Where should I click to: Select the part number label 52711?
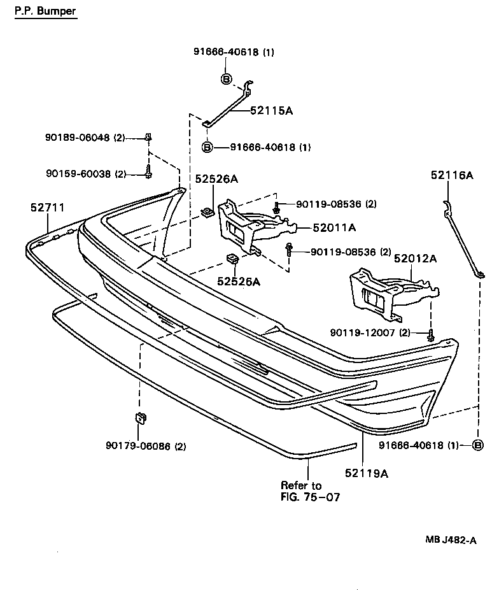(47, 208)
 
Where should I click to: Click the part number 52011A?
(334, 227)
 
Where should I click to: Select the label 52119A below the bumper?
(367, 473)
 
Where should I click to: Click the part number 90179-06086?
(146, 446)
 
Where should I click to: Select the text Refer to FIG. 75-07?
(310, 491)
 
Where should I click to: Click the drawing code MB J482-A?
(451, 539)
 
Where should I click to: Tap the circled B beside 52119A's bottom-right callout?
(478, 445)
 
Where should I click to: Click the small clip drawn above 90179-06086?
(139, 418)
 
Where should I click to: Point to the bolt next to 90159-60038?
(148, 171)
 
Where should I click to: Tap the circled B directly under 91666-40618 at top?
(226, 78)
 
